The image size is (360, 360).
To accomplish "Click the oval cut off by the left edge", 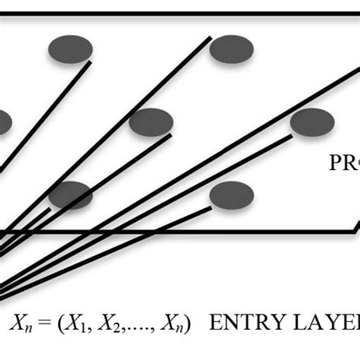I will tap(5, 122).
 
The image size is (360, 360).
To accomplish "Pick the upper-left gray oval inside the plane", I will tap(71, 49).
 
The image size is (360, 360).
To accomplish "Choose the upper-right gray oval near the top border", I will tap(232, 49).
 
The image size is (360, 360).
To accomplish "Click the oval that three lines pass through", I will tap(71, 195).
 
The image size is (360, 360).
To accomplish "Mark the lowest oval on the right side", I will tap(232, 195).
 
